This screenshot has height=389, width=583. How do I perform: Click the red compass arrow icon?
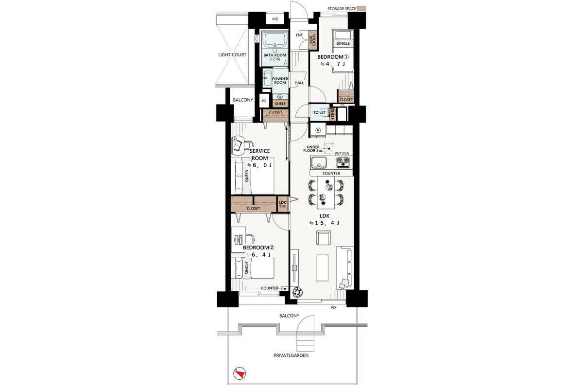tap(240, 373)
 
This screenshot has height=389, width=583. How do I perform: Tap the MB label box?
tap(275, 19)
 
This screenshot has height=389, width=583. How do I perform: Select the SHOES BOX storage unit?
tap(312, 40)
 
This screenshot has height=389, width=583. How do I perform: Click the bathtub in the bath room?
tap(275, 40)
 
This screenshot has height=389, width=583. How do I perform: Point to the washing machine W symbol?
tap(280, 97)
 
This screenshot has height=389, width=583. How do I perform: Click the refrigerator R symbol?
tap(318, 130)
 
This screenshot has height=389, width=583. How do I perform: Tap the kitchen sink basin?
tap(318, 162)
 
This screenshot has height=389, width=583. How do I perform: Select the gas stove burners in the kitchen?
tap(343, 162)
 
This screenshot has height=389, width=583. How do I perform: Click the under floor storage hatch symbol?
tap(329, 148)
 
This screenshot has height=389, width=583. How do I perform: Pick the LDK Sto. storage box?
tap(283, 204)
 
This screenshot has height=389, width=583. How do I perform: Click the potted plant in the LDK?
tap(297, 292)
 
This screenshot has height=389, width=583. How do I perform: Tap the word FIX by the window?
tap(334, 307)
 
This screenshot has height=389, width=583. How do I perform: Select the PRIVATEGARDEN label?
tap(291, 355)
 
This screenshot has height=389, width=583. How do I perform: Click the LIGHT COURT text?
tap(232, 55)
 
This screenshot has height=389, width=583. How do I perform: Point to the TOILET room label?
tap(319, 112)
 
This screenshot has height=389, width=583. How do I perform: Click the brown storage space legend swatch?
tap(361, 8)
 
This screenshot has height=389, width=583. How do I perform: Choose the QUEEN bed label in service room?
tap(247, 176)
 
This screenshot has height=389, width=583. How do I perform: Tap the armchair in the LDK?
tap(323, 238)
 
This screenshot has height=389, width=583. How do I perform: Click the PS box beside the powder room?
tap(264, 101)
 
